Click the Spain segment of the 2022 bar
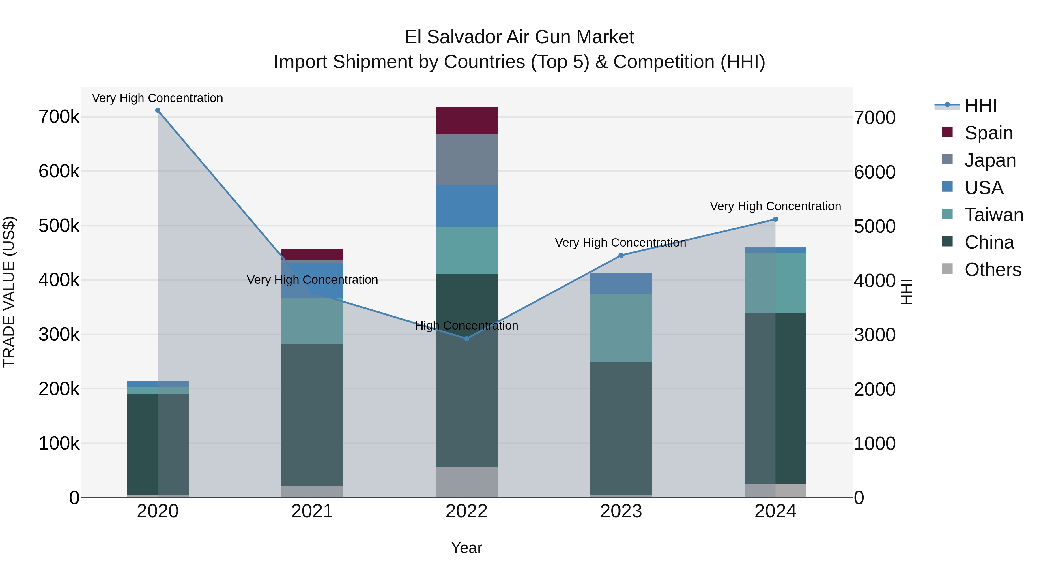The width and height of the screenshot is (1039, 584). click(x=467, y=121)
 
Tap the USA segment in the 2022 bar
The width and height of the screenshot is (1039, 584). click(x=467, y=206)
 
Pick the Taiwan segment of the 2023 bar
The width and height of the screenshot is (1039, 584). click(x=621, y=327)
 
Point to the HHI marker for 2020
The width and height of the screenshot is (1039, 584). click(x=158, y=110)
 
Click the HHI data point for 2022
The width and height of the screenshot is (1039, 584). click(x=467, y=339)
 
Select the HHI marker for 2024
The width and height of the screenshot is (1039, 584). click(x=775, y=219)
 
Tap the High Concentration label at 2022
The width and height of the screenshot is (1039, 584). click(x=466, y=326)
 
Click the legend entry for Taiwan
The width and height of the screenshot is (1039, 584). click(x=993, y=215)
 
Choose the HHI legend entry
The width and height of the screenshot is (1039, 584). click(x=980, y=106)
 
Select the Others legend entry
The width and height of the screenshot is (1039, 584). click(x=992, y=270)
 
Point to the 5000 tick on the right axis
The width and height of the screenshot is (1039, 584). click(x=874, y=226)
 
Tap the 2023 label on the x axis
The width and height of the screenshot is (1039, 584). click(x=621, y=511)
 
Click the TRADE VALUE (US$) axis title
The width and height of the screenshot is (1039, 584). click(x=9, y=292)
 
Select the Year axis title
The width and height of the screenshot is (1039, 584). click(x=467, y=548)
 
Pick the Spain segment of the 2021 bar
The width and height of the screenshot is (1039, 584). click(x=312, y=254)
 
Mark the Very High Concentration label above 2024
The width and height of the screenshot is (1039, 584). click(x=775, y=206)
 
